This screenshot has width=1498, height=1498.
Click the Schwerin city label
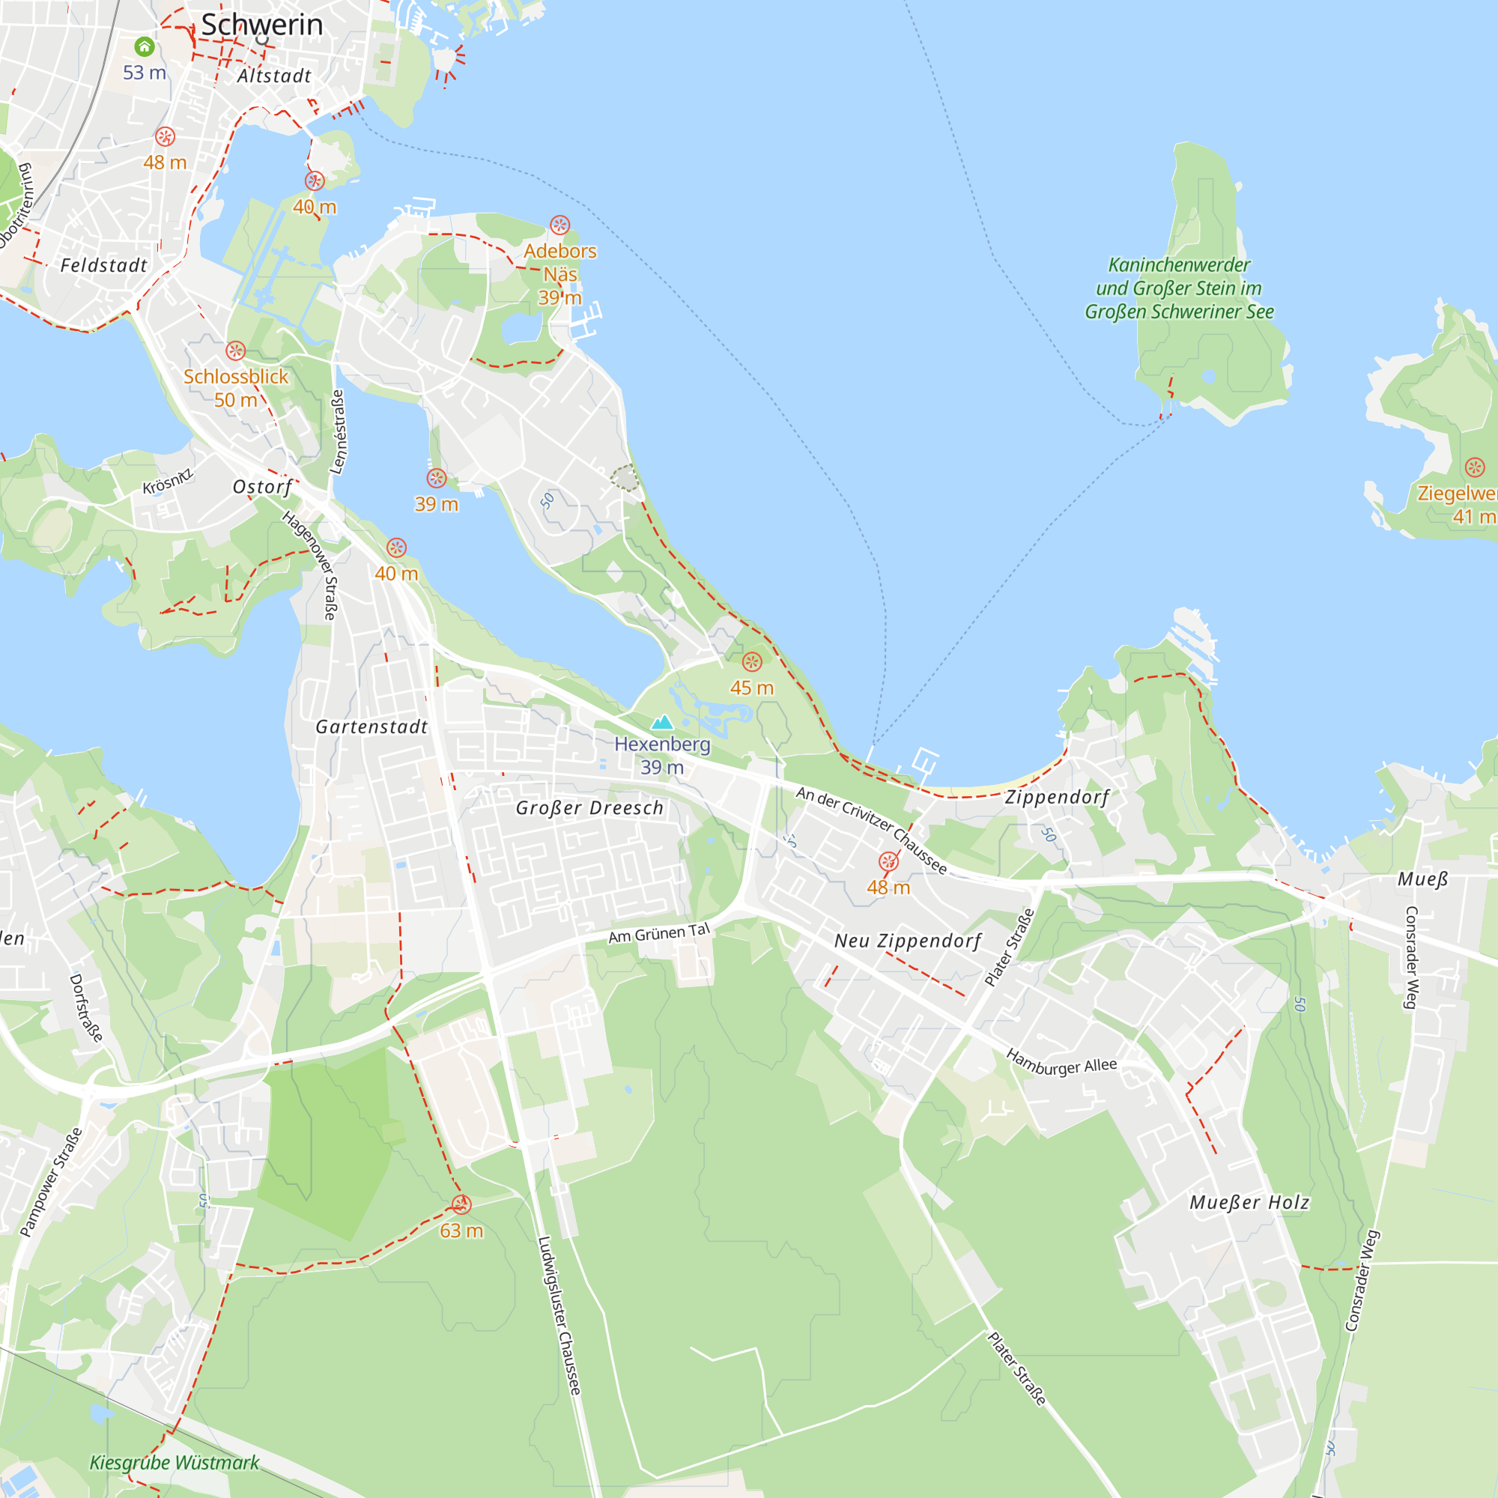click(x=261, y=25)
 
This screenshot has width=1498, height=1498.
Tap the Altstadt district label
click(x=273, y=76)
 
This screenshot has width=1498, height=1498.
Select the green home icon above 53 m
click(x=145, y=46)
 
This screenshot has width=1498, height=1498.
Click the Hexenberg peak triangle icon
click(x=661, y=723)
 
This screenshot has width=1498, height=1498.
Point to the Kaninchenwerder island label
click(x=1178, y=288)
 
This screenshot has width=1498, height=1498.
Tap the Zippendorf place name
click(x=1057, y=797)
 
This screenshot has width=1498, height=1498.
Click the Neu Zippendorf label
click(x=907, y=941)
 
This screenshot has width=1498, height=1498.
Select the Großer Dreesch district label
click(x=589, y=808)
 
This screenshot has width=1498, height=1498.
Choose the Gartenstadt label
click(x=372, y=727)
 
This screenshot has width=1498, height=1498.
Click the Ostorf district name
click(x=263, y=487)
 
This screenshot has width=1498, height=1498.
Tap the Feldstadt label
click(x=104, y=265)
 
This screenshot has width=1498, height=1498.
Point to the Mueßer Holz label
click(x=1249, y=1203)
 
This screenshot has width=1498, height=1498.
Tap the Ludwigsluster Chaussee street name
click(x=559, y=1315)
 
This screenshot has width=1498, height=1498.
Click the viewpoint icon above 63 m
click(x=461, y=1204)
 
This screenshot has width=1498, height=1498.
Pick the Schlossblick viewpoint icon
click(x=236, y=351)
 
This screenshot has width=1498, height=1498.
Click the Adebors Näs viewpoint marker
click(x=560, y=225)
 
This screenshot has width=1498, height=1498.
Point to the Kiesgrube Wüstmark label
click(x=175, y=1462)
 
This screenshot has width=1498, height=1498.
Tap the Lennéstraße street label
click(x=338, y=432)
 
